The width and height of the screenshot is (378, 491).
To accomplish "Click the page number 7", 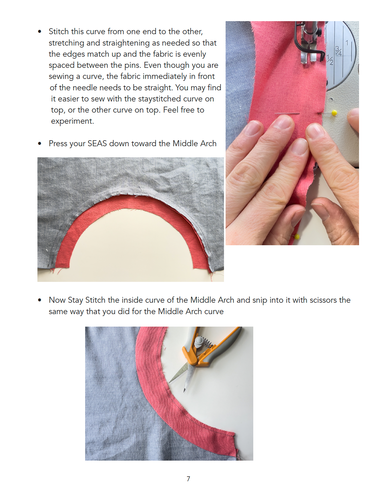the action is click(x=188, y=479).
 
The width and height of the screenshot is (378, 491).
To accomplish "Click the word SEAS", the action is click(x=97, y=144).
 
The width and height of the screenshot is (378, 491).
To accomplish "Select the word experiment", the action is click(x=72, y=121).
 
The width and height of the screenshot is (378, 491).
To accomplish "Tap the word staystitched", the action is click(x=152, y=99).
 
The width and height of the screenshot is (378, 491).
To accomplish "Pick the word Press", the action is click(x=58, y=144).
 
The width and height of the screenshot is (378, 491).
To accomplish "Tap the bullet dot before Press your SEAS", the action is click(x=40, y=144).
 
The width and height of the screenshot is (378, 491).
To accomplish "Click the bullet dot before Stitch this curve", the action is click(x=40, y=32).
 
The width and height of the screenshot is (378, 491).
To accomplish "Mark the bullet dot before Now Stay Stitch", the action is click(x=40, y=300).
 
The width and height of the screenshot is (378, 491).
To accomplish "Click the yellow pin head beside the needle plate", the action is click(x=334, y=113).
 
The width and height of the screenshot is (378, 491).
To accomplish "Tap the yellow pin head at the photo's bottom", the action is click(x=297, y=237).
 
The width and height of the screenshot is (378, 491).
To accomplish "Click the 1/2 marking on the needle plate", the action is click(x=330, y=60).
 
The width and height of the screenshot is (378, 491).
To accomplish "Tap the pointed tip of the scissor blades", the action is click(x=184, y=391).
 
